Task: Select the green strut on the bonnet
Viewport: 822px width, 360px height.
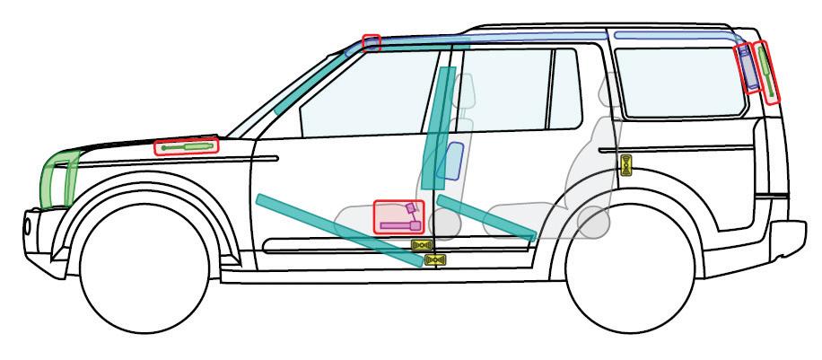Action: pos(187,146)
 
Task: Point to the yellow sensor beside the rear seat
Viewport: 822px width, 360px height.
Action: pos(627,164)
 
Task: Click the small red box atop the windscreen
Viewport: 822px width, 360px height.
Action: pos(371,42)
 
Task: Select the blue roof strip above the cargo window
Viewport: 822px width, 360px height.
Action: pos(673,35)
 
